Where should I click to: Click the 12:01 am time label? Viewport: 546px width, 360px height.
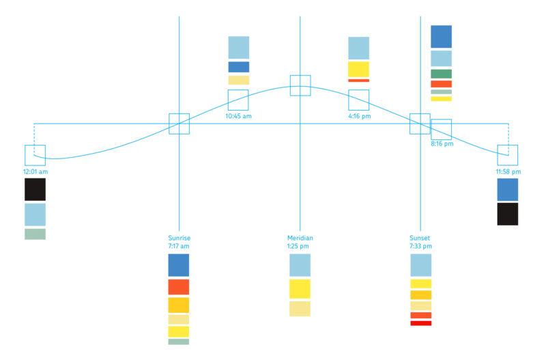click(x=35, y=172)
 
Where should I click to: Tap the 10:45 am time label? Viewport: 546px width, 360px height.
click(x=238, y=116)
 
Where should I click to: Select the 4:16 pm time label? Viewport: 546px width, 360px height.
click(x=358, y=116)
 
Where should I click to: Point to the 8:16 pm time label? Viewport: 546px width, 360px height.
click(x=442, y=144)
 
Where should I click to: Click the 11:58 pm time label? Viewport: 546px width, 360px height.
click(x=508, y=171)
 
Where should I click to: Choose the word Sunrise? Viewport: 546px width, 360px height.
click(x=179, y=238)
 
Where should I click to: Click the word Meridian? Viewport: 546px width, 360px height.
click(x=300, y=238)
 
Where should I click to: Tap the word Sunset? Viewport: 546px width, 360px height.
click(x=420, y=238)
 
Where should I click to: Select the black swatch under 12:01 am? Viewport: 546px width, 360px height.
click(x=35, y=189)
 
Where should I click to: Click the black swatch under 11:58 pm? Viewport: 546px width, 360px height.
click(x=508, y=214)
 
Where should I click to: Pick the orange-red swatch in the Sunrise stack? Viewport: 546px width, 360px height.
click(x=179, y=287)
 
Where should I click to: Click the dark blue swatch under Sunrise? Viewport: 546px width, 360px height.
click(x=179, y=265)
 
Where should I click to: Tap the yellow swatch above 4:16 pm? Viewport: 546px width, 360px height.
click(x=358, y=69)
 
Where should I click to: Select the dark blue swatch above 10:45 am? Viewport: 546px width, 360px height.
click(x=238, y=67)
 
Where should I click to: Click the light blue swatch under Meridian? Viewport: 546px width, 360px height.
click(x=300, y=265)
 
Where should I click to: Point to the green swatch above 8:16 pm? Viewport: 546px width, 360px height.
click(x=441, y=74)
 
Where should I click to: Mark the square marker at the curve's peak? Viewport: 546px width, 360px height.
click(x=300, y=85)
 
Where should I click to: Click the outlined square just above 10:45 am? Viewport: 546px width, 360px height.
click(x=238, y=100)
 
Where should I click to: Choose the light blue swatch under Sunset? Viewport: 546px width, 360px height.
click(x=420, y=265)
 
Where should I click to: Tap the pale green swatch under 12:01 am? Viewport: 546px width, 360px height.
click(x=35, y=234)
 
